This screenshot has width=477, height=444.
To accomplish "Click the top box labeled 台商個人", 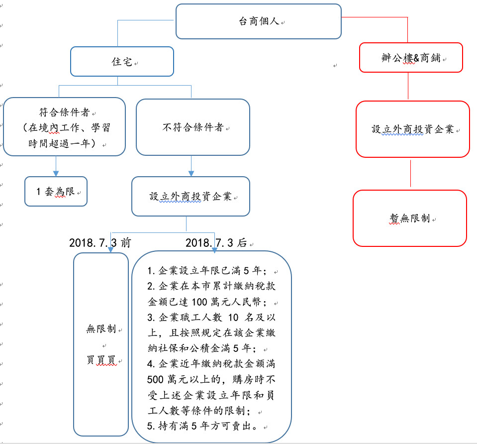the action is click(x=259, y=21).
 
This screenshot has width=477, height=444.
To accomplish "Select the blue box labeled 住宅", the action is click(x=122, y=62).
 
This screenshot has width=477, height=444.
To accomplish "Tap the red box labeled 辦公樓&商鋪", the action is click(x=411, y=58).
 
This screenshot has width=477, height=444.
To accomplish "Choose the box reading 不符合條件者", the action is click(x=193, y=127).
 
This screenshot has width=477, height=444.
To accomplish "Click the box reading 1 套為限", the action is click(x=56, y=192).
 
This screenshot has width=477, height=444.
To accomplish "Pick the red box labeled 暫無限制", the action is click(x=410, y=218).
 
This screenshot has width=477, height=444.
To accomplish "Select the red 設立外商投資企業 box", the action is click(x=413, y=129).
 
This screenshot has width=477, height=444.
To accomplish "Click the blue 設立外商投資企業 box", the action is click(x=191, y=197).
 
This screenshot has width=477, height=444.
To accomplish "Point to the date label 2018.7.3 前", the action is click(x=100, y=243).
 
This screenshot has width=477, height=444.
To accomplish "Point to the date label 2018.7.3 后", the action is click(x=216, y=243).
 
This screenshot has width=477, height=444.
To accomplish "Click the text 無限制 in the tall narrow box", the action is click(x=101, y=329).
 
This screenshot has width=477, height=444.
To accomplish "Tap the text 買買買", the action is click(x=101, y=360).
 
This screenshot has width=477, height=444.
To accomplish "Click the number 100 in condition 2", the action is click(x=199, y=302).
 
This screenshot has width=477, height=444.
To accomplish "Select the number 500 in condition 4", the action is click(x=155, y=379).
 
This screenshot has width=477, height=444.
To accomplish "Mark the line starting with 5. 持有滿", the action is click(x=201, y=426).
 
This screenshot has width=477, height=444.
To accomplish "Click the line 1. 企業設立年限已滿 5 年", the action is click(x=207, y=270).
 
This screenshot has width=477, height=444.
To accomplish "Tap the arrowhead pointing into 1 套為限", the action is click(x=56, y=174).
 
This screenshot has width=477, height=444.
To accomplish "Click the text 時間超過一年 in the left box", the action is click(x=62, y=143).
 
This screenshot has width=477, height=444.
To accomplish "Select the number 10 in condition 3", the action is click(x=233, y=318).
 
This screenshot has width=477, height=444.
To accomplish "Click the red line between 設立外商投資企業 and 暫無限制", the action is click(x=410, y=174).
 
